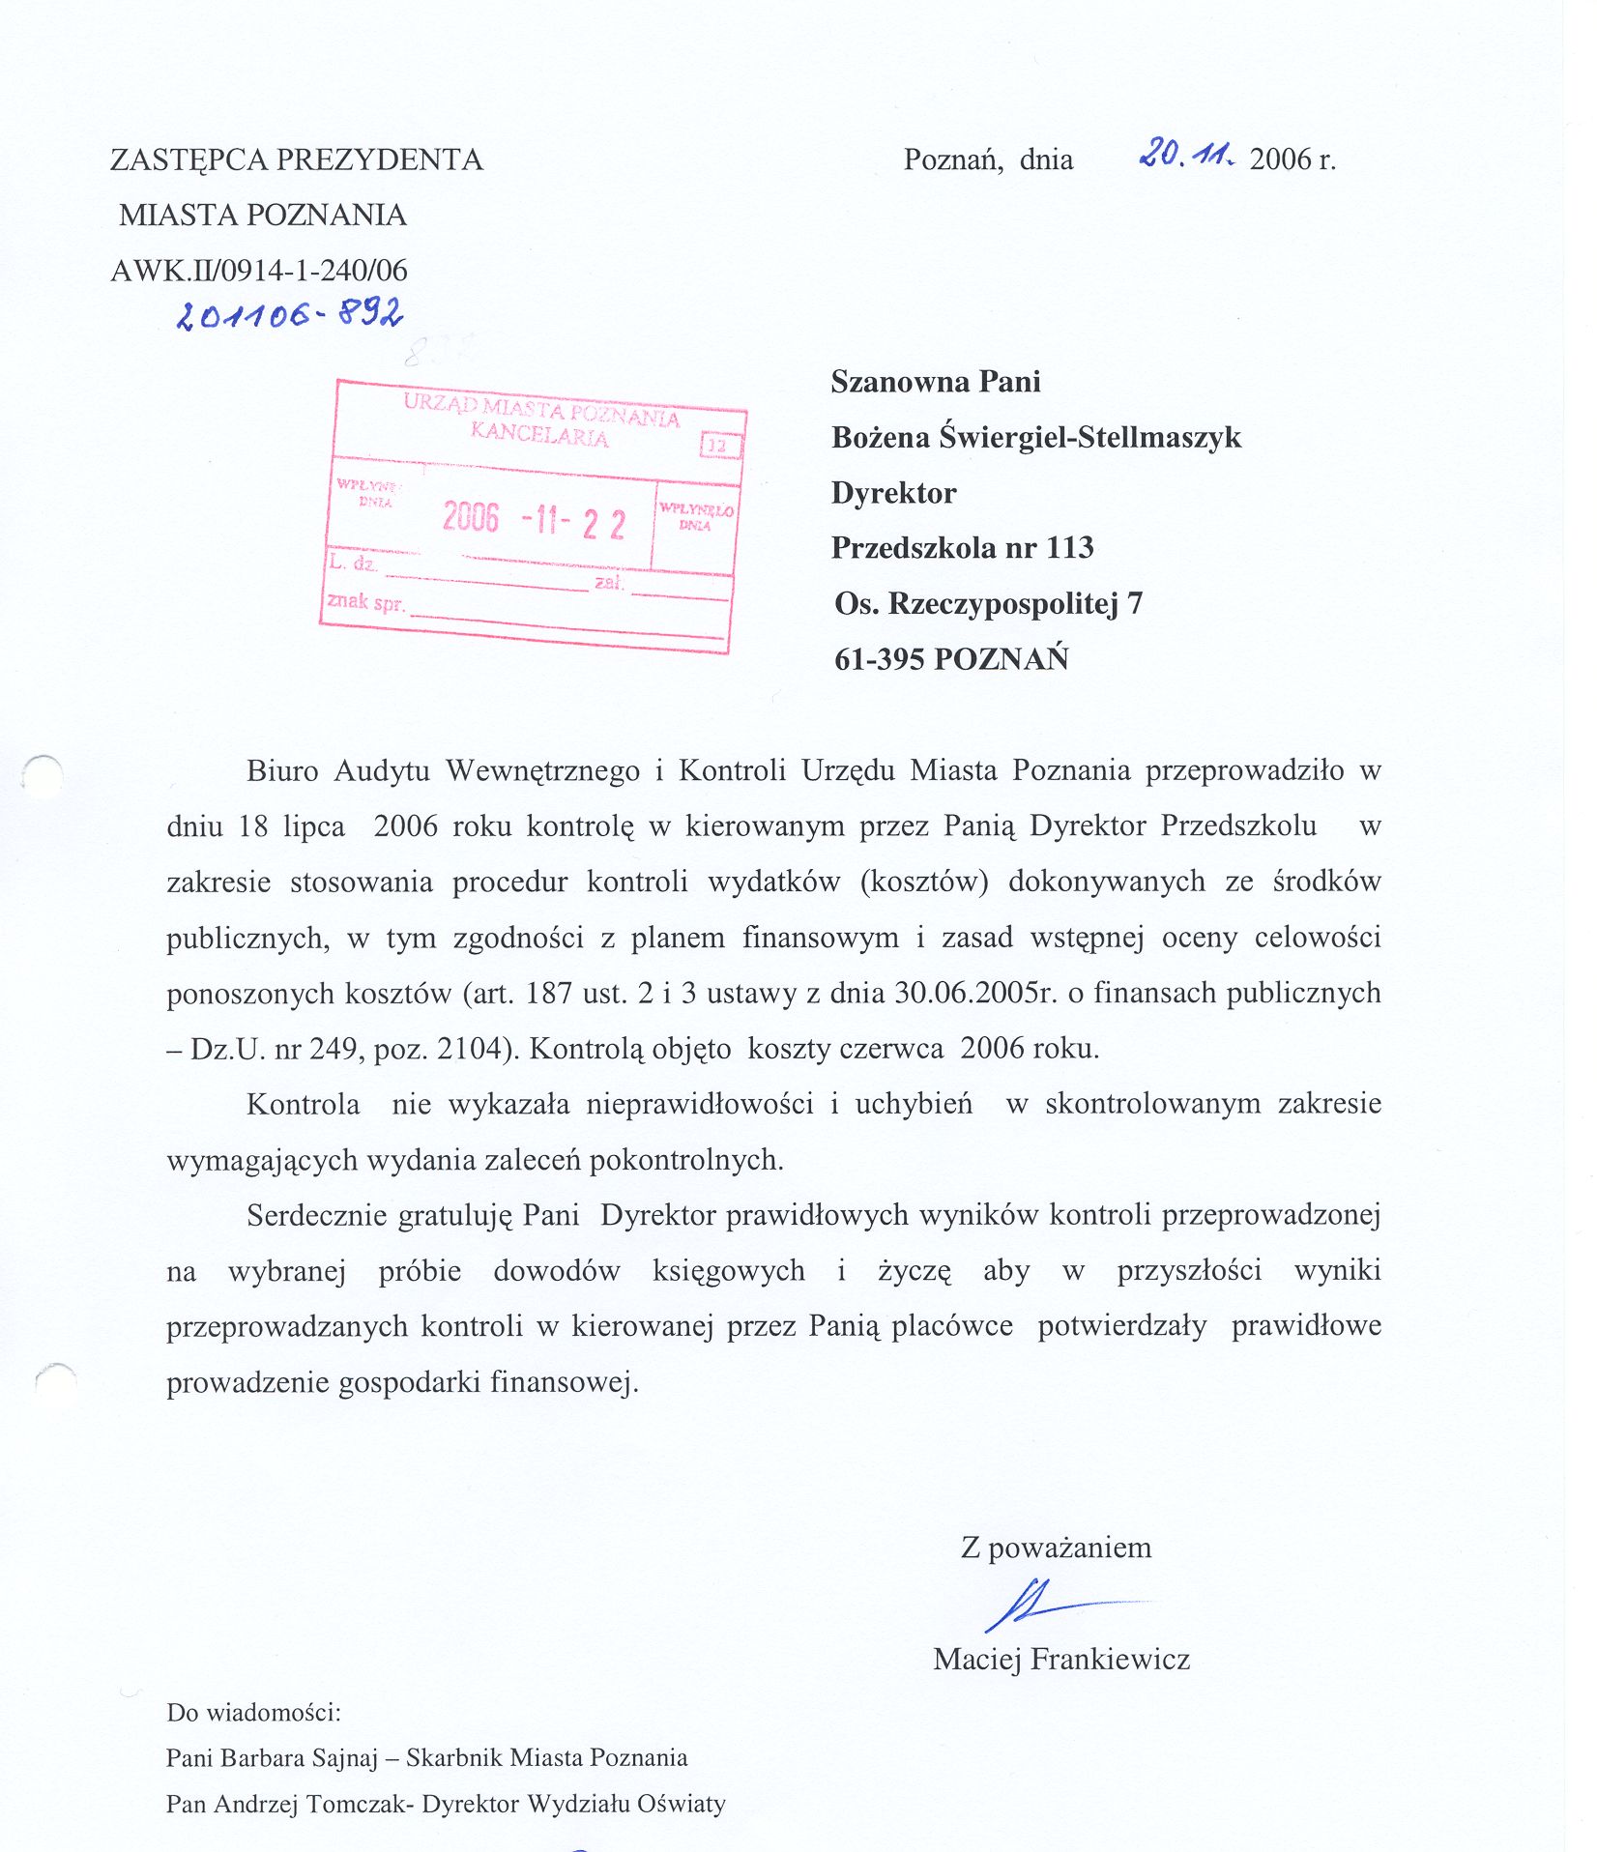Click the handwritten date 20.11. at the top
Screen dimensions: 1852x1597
point(1186,154)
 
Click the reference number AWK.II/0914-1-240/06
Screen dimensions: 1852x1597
point(259,271)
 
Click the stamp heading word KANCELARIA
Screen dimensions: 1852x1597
point(539,435)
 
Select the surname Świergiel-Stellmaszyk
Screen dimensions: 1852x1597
point(1090,437)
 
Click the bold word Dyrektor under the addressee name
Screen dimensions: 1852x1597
point(893,493)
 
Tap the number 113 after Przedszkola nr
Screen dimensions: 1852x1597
point(1069,548)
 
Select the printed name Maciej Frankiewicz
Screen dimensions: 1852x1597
point(1061,1660)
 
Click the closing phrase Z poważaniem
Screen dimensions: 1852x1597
point(1056,1548)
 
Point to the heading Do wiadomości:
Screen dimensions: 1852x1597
point(253,1713)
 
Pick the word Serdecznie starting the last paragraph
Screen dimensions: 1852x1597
point(317,1215)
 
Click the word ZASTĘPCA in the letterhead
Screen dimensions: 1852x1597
point(189,159)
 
